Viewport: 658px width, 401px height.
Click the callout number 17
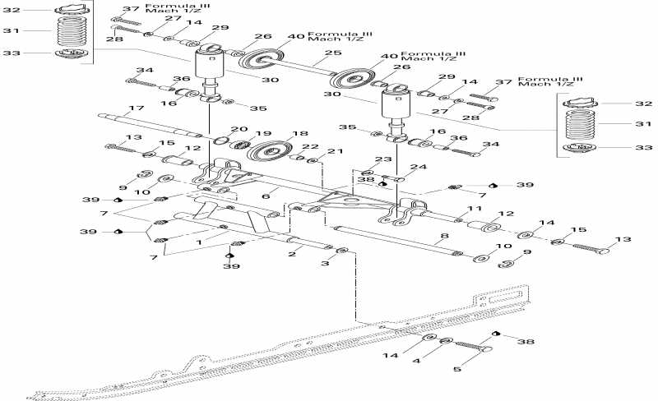tap(136, 108)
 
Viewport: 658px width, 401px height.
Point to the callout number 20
tap(239, 129)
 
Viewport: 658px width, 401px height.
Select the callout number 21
tap(335, 152)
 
